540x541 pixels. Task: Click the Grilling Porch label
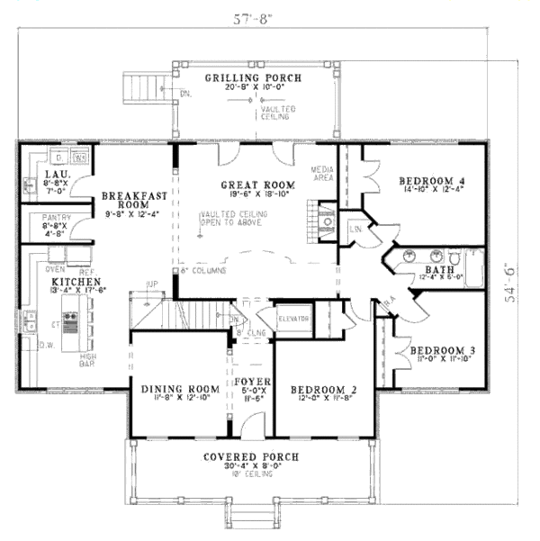tap(252, 78)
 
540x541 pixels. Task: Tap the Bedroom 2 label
tap(324, 390)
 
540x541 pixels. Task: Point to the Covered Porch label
tap(250, 457)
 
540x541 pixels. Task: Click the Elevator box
tap(293, 320)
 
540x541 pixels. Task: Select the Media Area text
tap(322, 173)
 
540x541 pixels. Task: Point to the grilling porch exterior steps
tap(143, 88)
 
